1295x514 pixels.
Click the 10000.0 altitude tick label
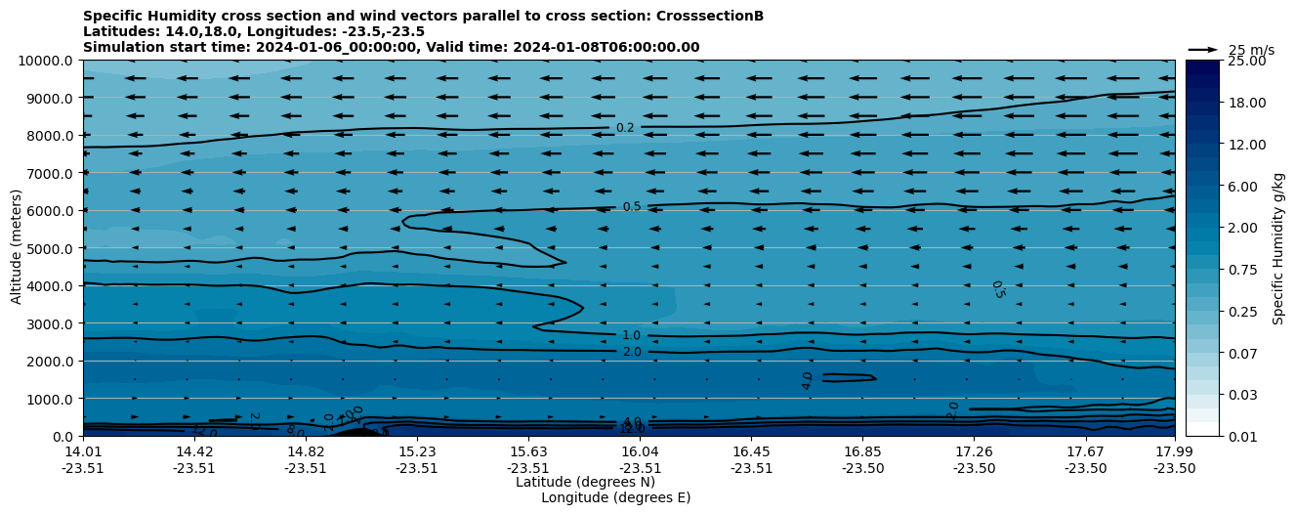pos(47,61)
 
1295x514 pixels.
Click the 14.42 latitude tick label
pos(194,451)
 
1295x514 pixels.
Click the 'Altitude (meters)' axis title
pos(17,248)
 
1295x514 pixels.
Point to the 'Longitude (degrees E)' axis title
pos(615,497)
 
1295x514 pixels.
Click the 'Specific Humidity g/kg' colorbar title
pos(1278,248)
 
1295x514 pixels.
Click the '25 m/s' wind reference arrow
pos(1202,49)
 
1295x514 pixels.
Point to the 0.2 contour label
pos(625,128)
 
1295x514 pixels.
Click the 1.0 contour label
pos(631,335)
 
